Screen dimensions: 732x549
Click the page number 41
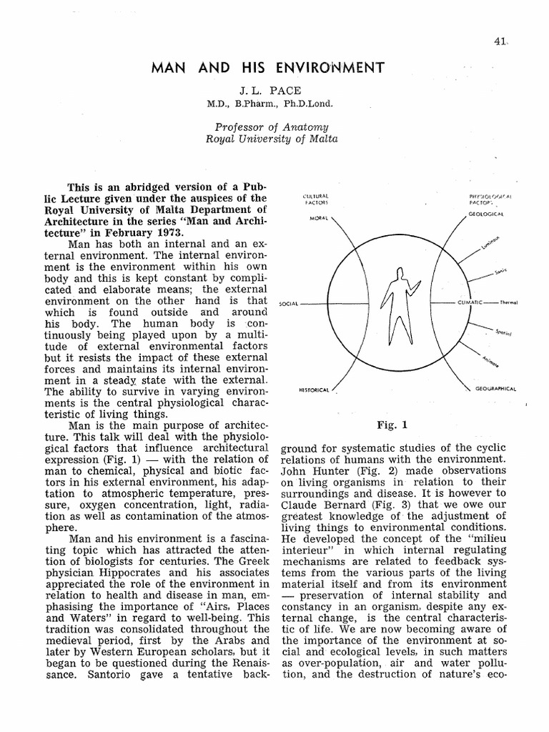point(500,42)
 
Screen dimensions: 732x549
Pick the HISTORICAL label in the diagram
point(314,390)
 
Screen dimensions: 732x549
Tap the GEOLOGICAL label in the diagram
point(487,214)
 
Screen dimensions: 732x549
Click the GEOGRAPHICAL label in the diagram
point(495,390)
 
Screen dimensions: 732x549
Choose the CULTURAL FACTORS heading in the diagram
point(315,199)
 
